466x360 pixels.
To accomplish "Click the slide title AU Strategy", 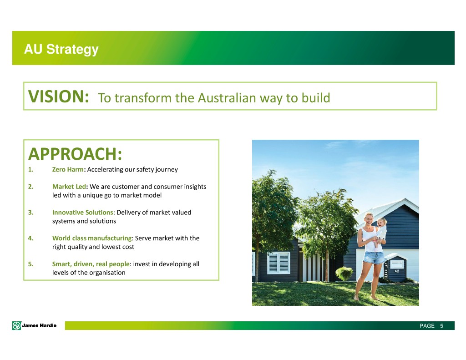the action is point(61,49).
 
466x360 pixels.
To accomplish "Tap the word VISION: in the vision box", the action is point(59,96).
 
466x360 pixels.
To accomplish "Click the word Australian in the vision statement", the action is point(227,98).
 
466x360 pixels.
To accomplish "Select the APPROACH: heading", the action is point(75,154).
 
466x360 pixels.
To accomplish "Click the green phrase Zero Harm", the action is point(68,169).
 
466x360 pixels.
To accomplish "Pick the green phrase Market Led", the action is point(69,187).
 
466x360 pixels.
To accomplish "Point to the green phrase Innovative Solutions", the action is point(83,213).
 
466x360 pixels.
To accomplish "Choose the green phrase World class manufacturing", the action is point(92,238).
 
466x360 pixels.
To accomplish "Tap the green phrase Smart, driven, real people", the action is point(91,264).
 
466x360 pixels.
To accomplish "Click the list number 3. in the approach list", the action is point(31,213).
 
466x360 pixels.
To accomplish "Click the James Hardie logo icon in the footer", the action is point(17,325).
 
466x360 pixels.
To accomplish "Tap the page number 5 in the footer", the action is point(441,326).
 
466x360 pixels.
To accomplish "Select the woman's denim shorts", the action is point(373,258).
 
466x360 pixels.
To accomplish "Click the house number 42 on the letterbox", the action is point(397,271).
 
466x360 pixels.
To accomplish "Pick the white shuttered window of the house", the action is point(279,263).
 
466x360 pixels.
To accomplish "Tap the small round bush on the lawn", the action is point(344,274).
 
